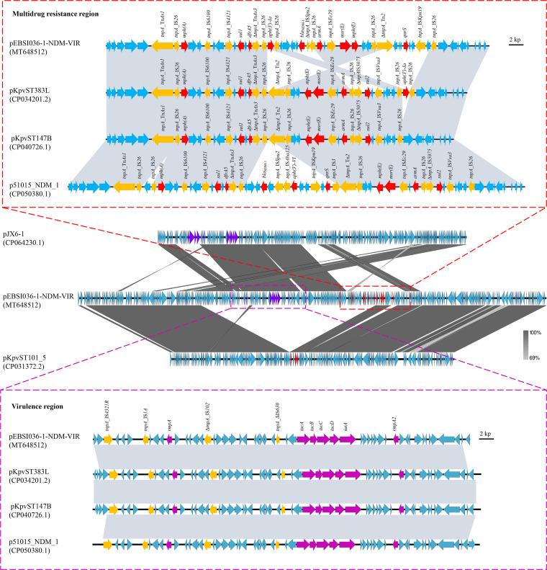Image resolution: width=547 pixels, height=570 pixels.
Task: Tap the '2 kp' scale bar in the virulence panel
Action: coord(486,435)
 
